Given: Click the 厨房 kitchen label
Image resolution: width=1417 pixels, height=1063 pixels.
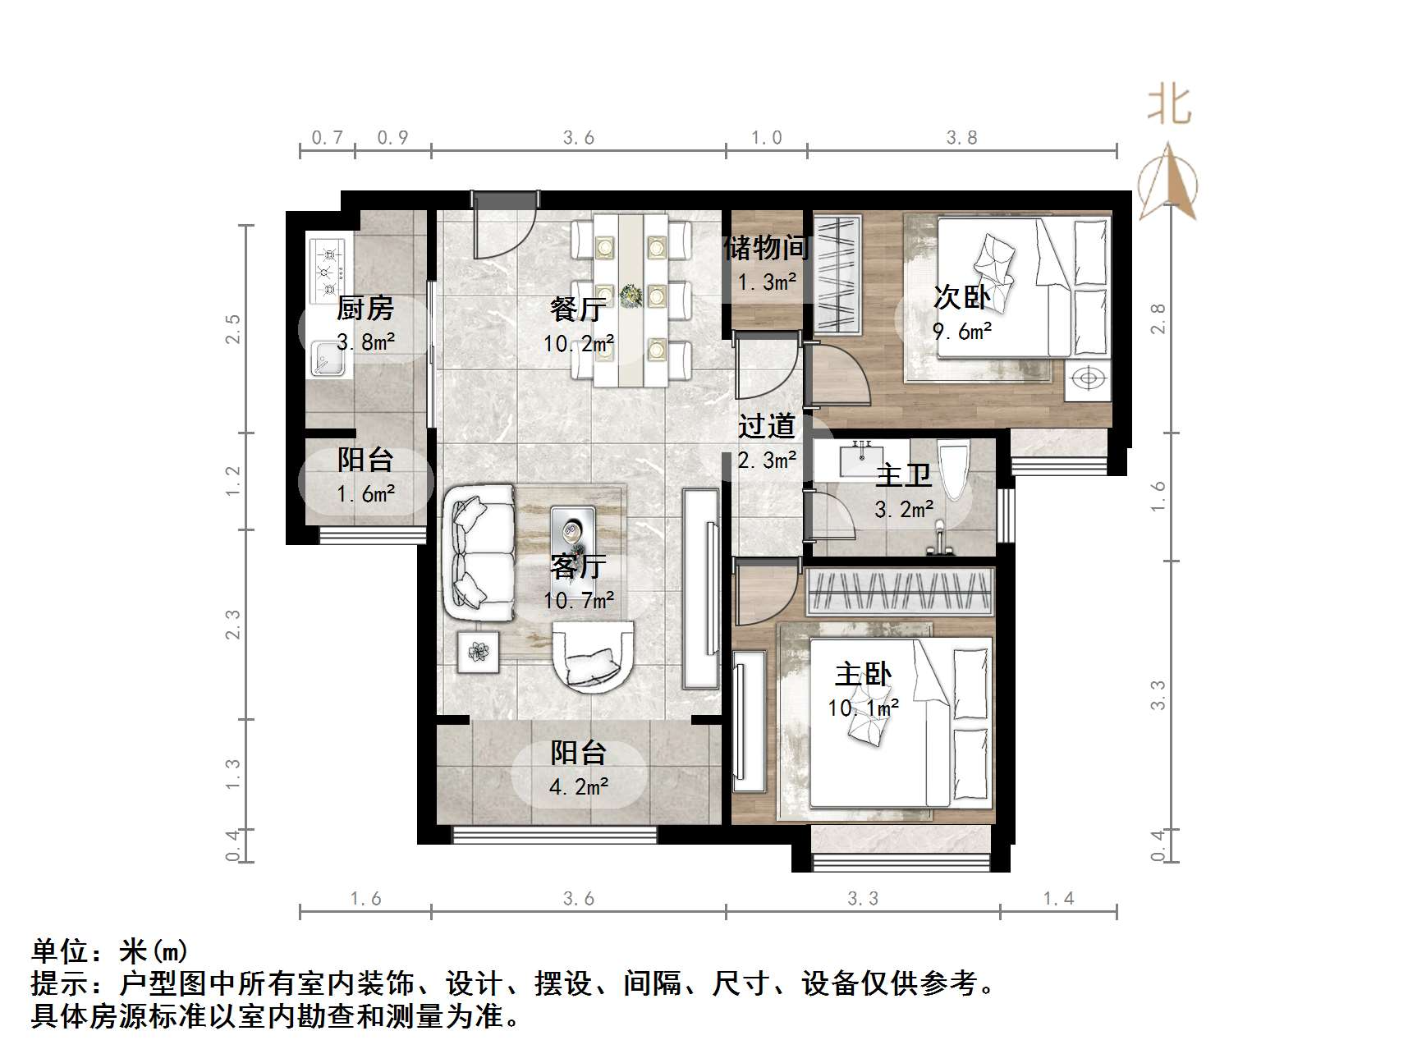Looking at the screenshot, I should (x=365, y=309).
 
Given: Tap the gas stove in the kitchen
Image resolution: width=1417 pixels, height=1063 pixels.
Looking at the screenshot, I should (x=328, y=268).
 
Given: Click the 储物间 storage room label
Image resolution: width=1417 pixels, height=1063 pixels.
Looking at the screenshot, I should (x=767, y=247).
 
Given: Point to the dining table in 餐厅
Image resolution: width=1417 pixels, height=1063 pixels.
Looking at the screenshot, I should (x=631, y=300).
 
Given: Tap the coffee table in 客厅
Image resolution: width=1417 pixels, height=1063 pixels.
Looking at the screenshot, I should (x=572, y=531).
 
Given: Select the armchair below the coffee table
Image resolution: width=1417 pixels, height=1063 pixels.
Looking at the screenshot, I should (x=593, y=656).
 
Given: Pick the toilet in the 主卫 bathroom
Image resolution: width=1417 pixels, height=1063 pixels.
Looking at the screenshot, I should (x=954, y=468).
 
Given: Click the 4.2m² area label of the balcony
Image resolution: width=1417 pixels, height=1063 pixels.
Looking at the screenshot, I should (x=579, y=787).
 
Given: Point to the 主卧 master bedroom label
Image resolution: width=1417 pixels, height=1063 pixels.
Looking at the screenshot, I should (x=863, y=675).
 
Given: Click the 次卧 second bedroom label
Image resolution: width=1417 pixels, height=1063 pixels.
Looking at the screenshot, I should (x=961, y=297).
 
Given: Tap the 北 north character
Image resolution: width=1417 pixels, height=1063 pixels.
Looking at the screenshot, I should (x=1169, y=106).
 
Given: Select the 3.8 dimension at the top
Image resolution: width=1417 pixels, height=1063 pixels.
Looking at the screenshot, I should (x=961, y=138).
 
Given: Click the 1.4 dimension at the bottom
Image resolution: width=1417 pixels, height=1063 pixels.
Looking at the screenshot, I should (x=1058, y=899).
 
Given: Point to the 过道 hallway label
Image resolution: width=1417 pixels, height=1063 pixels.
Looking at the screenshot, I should (x=767, y=426).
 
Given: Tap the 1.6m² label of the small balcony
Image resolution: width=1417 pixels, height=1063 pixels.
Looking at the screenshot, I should (x=365, y=494).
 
